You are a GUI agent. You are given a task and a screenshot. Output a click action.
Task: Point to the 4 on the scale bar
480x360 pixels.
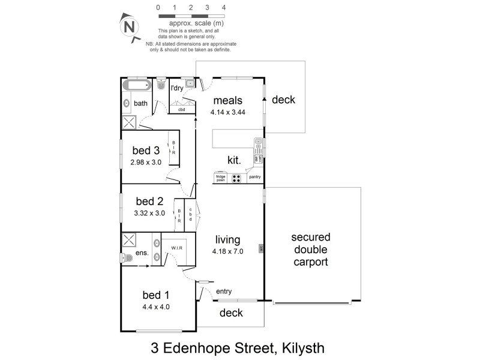pos(224,8)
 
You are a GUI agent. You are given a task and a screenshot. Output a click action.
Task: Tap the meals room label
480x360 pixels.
pos(227,100)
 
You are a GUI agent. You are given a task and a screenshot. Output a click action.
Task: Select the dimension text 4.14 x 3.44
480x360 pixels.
pos(227,112)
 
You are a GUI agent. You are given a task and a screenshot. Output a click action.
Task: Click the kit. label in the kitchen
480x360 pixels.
pos(234,160)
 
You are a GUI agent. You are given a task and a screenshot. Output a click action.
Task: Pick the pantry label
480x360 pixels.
pos(254,177)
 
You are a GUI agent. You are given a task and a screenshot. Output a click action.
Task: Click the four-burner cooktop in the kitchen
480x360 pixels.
pos(236,178)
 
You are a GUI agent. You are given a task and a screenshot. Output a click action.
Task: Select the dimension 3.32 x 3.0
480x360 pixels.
pos(149,212)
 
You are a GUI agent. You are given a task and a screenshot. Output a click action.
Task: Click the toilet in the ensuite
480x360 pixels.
pos(126,258)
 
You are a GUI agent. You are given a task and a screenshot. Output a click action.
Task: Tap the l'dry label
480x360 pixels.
pos(177,88)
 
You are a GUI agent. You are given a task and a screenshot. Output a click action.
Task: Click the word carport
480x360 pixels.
pos(310,262)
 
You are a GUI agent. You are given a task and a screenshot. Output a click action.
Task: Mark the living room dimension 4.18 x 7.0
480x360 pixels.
pos(229,251)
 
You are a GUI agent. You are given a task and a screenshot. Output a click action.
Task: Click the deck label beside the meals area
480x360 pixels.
pos(283,100)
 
